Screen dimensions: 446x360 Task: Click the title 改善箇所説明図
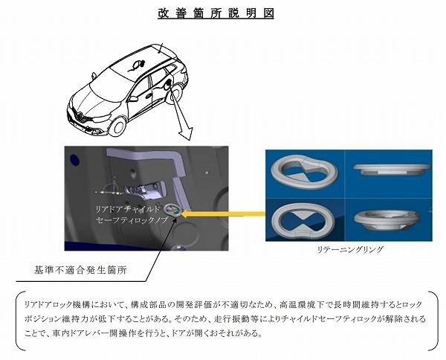click(216, 13)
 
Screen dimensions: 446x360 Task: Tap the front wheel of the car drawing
click(117, 125)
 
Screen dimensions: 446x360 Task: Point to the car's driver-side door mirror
click(133, 99)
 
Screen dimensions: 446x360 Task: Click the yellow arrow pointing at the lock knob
click(223, 213)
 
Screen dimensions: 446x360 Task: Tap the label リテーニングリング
click(349, 250)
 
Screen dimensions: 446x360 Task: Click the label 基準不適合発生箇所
click(80, 270)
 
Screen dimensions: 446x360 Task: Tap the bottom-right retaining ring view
click(387, 221)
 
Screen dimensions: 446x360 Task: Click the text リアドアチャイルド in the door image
click(128, 209)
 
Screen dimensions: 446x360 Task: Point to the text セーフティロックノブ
click(132, 220)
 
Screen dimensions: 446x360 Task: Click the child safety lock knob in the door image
click(172, 210)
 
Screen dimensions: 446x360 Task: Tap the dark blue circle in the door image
click(74, 160)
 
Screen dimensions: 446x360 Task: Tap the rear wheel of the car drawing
click(175, 93)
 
